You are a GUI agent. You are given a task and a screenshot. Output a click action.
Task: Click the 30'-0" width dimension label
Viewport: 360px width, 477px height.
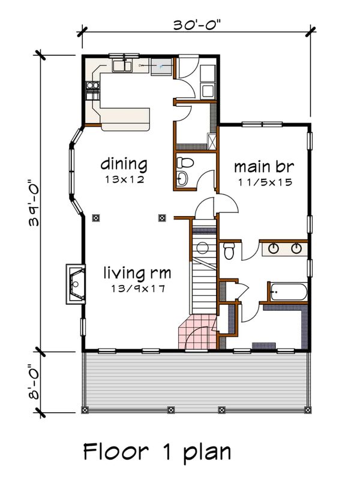[x=196, y=25]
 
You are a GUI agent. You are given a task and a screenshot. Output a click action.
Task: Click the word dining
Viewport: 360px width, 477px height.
[x=124, y=164]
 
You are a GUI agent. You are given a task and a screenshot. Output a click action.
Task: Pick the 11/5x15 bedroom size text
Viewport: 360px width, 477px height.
[x=263, y=182]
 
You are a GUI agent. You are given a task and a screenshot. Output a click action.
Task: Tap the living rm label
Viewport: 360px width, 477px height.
[x=137, y=274]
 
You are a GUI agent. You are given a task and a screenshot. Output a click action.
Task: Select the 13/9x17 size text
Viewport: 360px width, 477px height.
[x=137, y=289]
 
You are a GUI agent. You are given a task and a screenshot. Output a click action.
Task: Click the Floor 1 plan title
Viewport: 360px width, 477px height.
[x=157, y=451]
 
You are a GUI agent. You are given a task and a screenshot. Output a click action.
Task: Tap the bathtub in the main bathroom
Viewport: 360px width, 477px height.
[x=289, y=293]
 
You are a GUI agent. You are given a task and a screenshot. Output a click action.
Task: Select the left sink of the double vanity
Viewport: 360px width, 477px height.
[x=275, y=247]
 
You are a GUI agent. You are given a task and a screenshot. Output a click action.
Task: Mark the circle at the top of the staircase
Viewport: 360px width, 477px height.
[x=202, y=247]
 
